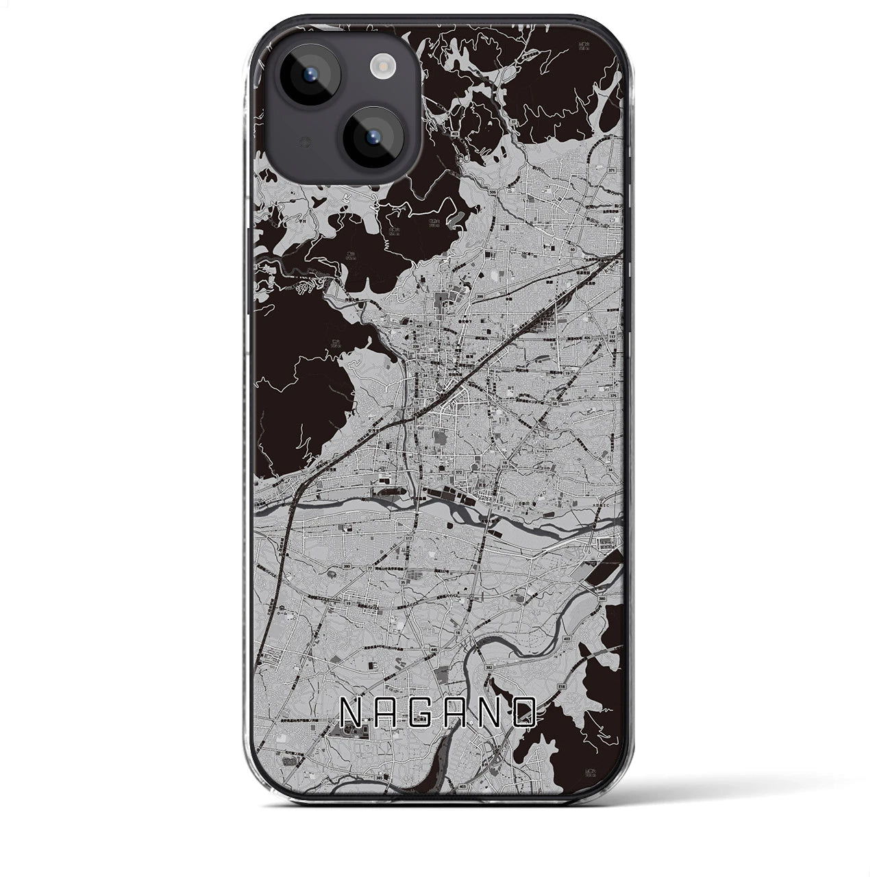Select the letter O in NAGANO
point(524,713)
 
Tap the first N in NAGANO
point(350,713)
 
